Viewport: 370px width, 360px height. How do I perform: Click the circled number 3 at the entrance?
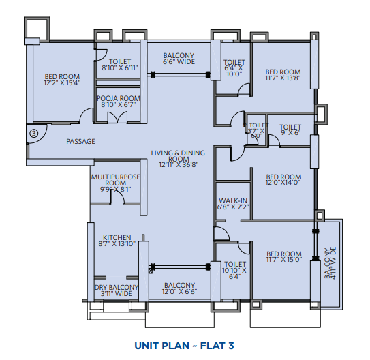point(34,134)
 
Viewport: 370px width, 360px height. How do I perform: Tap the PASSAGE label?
point(80,141)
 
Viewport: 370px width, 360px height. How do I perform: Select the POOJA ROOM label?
point(119,98)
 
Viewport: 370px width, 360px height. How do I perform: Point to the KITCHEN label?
point(117,237)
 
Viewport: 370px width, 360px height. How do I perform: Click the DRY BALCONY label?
point(117,287)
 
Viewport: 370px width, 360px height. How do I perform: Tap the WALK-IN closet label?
point(233,200)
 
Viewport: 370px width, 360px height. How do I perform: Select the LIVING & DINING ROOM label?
point(178,156)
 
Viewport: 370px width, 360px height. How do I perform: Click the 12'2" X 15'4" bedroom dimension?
point(62,83)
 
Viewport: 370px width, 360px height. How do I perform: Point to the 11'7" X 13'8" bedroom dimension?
point(283,78)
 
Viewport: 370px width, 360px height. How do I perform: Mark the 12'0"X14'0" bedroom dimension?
point(283,183)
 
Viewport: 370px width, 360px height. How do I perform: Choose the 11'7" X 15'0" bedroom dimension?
point(284,260)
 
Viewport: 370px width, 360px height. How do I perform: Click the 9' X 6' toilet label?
point(290,130)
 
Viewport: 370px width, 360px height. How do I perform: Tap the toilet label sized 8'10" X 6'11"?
point(120,65)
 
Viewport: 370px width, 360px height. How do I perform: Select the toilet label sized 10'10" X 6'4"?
point(234,270)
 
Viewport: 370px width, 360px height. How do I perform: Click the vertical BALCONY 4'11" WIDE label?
point(330,263)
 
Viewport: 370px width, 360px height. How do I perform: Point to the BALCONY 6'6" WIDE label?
point(179,59)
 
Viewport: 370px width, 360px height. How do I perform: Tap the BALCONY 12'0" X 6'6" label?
point(179,288)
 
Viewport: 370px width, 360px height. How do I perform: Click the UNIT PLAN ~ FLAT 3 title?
point(184,346)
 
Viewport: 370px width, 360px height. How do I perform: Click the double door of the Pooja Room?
point(117,117)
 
